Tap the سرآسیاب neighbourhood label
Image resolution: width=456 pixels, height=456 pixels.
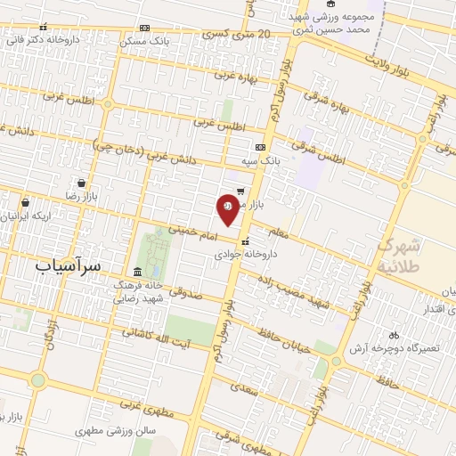coord(69,265)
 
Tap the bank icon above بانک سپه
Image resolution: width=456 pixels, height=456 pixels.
coord(259,148)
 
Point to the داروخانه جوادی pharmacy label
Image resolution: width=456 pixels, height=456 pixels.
coord(245,253)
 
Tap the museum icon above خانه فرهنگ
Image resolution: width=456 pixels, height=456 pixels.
coord(136,272)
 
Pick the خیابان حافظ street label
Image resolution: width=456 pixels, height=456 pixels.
coord(284,341)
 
